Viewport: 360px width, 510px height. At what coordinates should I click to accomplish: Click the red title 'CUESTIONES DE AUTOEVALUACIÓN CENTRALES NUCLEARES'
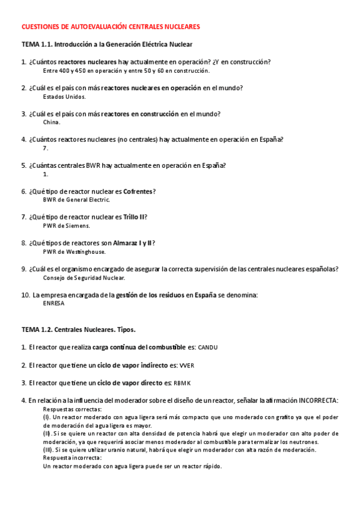(111, 27)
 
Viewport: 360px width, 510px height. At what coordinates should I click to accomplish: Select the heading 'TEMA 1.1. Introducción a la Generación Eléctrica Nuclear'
(107, 45)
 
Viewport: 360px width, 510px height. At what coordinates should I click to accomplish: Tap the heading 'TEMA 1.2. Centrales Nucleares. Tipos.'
(79, 330)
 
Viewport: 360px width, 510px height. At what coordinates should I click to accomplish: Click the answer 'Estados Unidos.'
(64, 96)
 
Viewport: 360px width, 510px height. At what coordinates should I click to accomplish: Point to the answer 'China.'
(52, 122)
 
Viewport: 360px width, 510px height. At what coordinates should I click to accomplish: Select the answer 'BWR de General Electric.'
(76, 200)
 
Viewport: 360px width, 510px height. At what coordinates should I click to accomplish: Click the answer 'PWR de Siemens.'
(66, 226)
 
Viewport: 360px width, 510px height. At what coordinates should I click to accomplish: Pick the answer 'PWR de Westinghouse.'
(74, 251)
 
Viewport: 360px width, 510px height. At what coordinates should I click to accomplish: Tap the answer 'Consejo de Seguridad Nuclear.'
(84, 278)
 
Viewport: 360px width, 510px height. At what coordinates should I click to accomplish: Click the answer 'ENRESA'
(53, 304)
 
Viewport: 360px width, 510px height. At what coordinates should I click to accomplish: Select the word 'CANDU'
(208, 348)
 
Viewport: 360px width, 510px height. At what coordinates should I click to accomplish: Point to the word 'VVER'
(187, 365)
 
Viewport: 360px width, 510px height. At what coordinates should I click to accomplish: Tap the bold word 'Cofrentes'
(136, 191)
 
